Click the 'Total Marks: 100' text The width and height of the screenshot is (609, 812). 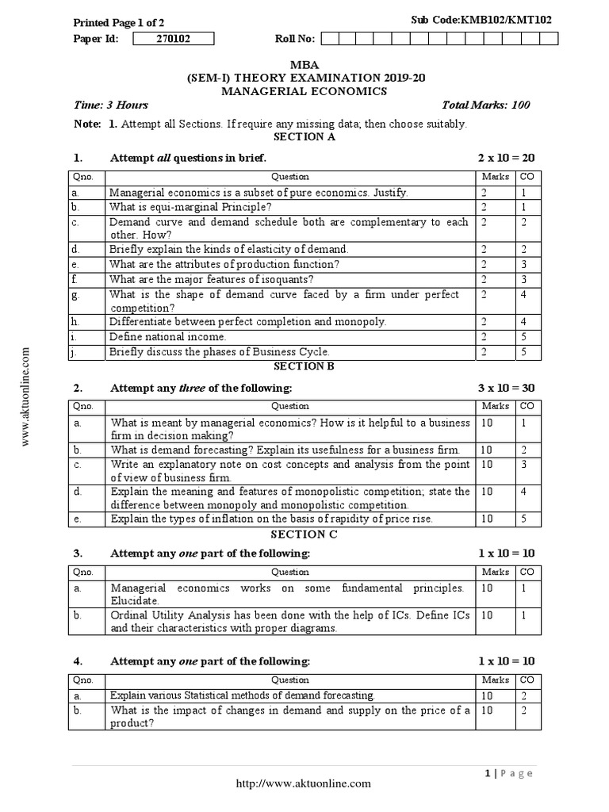(x=486, y=105)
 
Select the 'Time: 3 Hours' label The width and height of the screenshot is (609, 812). (x=110, y=105)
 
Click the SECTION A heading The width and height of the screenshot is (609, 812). (x=304, y=137)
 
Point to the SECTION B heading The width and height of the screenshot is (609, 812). (x=304, y=366)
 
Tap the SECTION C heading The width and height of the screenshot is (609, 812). (x=304, y=534)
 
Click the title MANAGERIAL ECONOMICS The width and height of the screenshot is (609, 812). (x=304, y=91)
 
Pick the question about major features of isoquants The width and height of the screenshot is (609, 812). (x=200, y=279)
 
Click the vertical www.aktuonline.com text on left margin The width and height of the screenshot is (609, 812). (x=26, y=396)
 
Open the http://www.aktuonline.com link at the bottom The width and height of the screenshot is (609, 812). (x=304, y=783)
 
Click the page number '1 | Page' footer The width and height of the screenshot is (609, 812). (x=507, y=773)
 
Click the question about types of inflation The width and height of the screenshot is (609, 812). (x=272, y=519)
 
